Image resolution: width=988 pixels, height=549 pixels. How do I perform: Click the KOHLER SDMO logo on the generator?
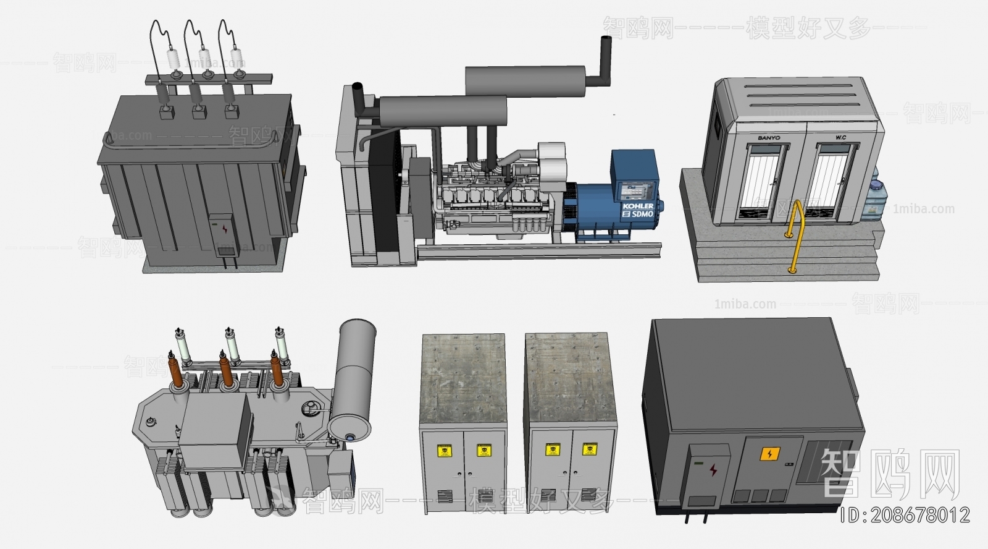click(x=638, y=210)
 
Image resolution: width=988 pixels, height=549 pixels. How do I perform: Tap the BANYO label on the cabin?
click(x=769, y=138)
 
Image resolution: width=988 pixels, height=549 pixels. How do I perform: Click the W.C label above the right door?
click(x=840, y=137)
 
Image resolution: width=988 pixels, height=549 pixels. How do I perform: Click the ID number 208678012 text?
click(x=905, y=514)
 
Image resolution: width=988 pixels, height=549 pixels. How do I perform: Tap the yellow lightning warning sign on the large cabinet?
click(x=769, y=455)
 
